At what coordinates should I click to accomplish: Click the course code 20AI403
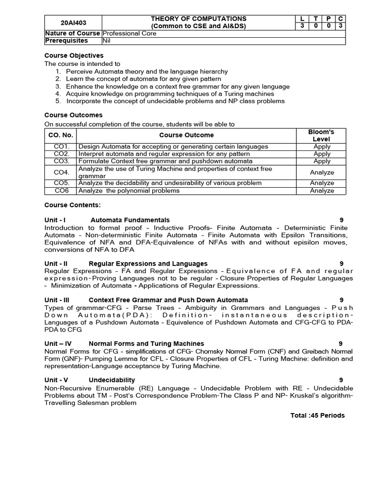click(x=74, y=22)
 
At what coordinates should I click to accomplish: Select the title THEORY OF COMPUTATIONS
click(x=199, y=19)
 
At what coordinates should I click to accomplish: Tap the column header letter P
click(x=328, y=19)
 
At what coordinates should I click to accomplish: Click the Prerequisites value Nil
click(x=107, y=41)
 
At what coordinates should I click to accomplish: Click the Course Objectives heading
click(x=74, y=56)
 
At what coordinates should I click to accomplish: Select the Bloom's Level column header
click(x=321, y=135)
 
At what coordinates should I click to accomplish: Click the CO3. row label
click(x=62, y=161)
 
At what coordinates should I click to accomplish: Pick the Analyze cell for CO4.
click(x=322, y=172)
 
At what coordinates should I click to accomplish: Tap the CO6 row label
click(x=61, y=191)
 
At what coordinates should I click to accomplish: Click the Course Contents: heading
click(x=73, y=205)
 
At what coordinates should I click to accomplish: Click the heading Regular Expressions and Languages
click(x=148, y=264)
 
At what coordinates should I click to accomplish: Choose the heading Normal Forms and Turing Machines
click(x=146, y=343)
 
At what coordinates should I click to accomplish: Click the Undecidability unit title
click(x=112, y=380)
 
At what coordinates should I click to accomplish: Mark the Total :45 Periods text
click(x=317, y=415)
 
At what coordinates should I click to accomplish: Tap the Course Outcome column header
click(x=186, y=135)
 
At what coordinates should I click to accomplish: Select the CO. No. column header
click(x=61, y=135)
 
